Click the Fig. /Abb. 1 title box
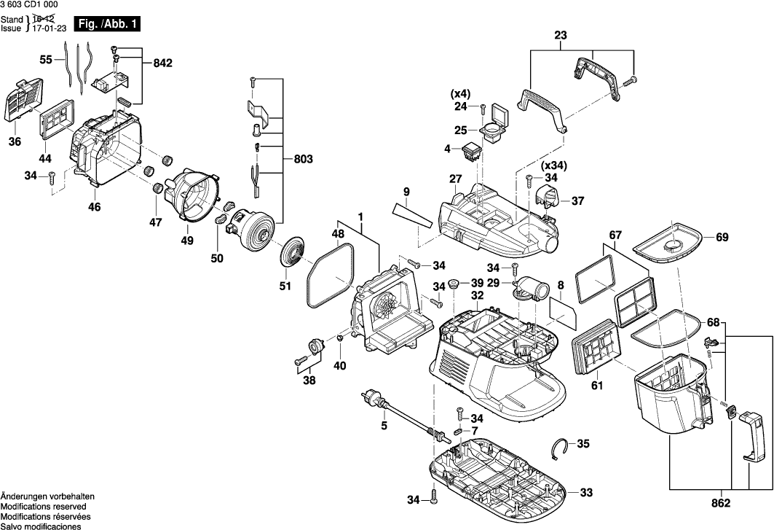click(106, 24)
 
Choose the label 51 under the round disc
click(285, 286)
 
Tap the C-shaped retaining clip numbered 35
click(558, 448)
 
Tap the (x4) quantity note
click(460, 93)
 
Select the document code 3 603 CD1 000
click(31, 5)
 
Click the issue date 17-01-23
click(46, 28)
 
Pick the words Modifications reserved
click(43, 506)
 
